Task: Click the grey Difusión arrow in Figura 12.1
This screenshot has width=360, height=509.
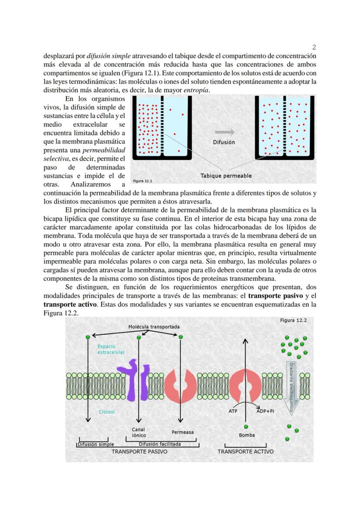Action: click(x=224, y=132)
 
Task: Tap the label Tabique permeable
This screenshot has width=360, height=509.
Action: click(x=226, y=176)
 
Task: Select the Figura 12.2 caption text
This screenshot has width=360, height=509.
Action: click(x=293, y=320)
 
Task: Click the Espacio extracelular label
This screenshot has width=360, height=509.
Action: click(x=111, y=349)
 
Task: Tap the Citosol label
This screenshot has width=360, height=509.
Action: click(x=106, y=412)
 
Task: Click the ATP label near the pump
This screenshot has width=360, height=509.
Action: click(x=233, y=411)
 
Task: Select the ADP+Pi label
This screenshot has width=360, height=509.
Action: click(x=265, y=411)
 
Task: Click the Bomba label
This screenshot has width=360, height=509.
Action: click(x=247, y=435)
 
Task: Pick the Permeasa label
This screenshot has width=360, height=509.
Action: click(x=183, y=432)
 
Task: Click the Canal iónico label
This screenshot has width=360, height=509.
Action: click(x=139, y=432)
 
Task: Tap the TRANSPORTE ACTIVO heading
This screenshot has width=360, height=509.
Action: click(x=245, y=452)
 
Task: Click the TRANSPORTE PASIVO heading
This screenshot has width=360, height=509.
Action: click(x=139, y=452)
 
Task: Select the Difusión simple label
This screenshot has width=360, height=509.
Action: click(x=96, y=444)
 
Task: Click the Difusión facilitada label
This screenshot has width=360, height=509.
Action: click(x=160, y=444)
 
